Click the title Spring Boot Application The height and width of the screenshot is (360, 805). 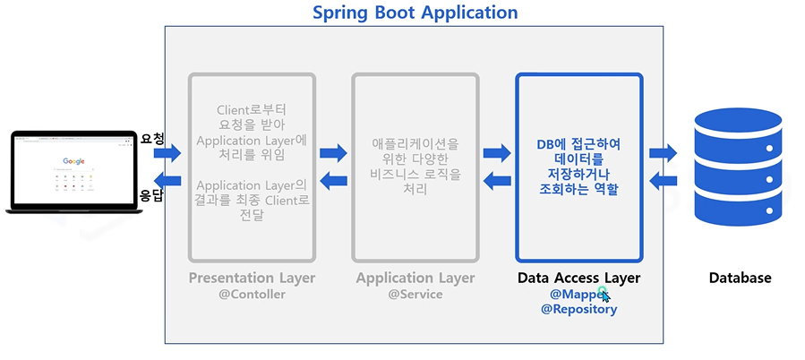pyautogui.click(x=415, y=13)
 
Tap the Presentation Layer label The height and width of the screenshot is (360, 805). pyautogui.click(x=252, y=278)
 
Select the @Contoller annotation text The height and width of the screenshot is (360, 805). pyautogui.click(x=252, y=294)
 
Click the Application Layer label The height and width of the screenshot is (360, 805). pyautogui.click(x=415, y=278)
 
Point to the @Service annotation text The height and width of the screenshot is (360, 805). pyautogui.click(x=415, y=294)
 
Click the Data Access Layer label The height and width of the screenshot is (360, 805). pyautogui.click(x=578, y=278)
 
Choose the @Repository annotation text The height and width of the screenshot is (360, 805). pyautogui.click(x=578, y=309)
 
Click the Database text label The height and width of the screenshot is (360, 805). pyautogui.click(x=740, y=278)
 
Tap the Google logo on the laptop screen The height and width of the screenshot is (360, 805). pyautogui.click(x=73, y=162)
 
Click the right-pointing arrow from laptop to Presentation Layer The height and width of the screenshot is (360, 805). pyautogui.click(x=167, y=154)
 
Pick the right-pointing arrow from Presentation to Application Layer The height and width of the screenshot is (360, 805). pyautogui.click(x=333, y=153)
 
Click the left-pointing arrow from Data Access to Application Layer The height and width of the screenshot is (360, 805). pyautogui.click(x=497, y=181)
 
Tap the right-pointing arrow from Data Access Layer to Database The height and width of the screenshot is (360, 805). pyautogui.click(x=663, y=153)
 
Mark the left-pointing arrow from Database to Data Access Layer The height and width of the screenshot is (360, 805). pyautogui.click(x=663, y=181)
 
